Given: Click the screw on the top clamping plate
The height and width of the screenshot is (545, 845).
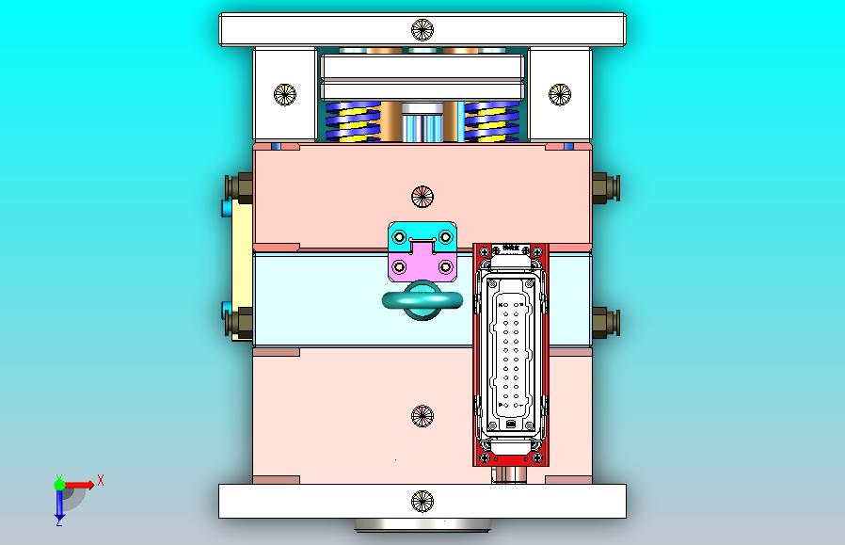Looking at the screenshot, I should click(422, 29).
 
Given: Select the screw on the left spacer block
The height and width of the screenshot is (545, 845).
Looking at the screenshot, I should click(284, 93).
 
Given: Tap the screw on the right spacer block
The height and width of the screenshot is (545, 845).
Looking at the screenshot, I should click(559, 93).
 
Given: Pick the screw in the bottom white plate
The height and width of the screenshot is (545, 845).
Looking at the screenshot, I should click(422, 501).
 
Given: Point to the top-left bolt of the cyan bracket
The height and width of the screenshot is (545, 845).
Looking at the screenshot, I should click(399, 233).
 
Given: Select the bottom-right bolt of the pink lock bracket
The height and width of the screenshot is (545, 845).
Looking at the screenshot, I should click(445, 267).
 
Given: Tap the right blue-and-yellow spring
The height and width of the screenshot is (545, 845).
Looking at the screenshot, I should click(491, 122).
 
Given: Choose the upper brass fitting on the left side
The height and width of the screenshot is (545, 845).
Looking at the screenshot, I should click(240, 188).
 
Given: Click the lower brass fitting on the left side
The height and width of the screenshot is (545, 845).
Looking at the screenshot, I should click(240, 323).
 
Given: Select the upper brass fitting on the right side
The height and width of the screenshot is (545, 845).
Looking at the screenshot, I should click(604, 188).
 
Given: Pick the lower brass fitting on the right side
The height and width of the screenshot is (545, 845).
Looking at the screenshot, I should click(604, 323).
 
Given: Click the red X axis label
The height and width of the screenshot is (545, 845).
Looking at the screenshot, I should click(101, 480).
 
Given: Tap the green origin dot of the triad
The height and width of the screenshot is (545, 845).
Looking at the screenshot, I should click(59, 485).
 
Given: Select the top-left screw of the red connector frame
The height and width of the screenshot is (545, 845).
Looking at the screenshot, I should click(484, 252).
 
